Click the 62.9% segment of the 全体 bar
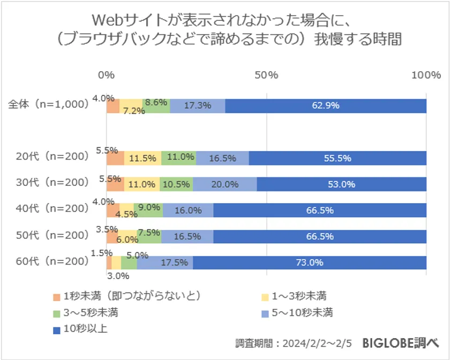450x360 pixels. [x=326, y=106]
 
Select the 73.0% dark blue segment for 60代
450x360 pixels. [x=310, y=262]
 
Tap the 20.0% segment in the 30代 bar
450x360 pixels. [x=224, y=184]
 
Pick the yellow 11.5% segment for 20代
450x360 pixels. [x=142, y=158]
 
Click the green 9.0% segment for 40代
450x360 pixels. [x=148, y=211]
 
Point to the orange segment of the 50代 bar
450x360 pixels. [x=111, y=236]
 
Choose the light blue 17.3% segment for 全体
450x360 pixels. [x=197, y=106]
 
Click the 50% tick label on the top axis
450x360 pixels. [x=266, y=75]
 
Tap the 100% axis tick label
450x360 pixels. [x=426, y=75]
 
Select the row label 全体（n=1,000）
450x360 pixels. [x=49, y=105]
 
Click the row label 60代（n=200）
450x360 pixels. [x=52, y=262]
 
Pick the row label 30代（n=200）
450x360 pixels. [x=52, y=183]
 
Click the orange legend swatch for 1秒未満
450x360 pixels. [x=56, y=296]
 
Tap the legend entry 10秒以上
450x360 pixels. [x=85, y=328]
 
